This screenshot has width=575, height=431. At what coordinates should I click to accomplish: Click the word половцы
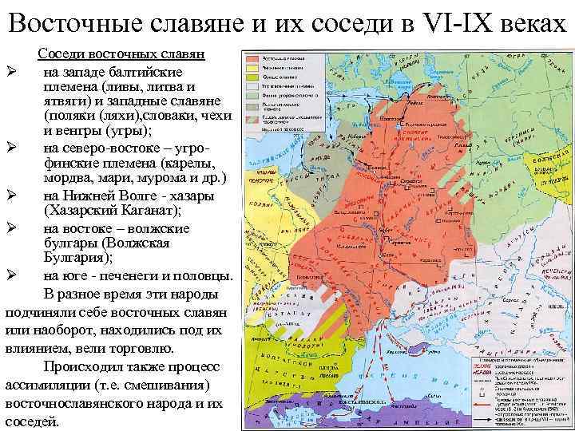[205, 276]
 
